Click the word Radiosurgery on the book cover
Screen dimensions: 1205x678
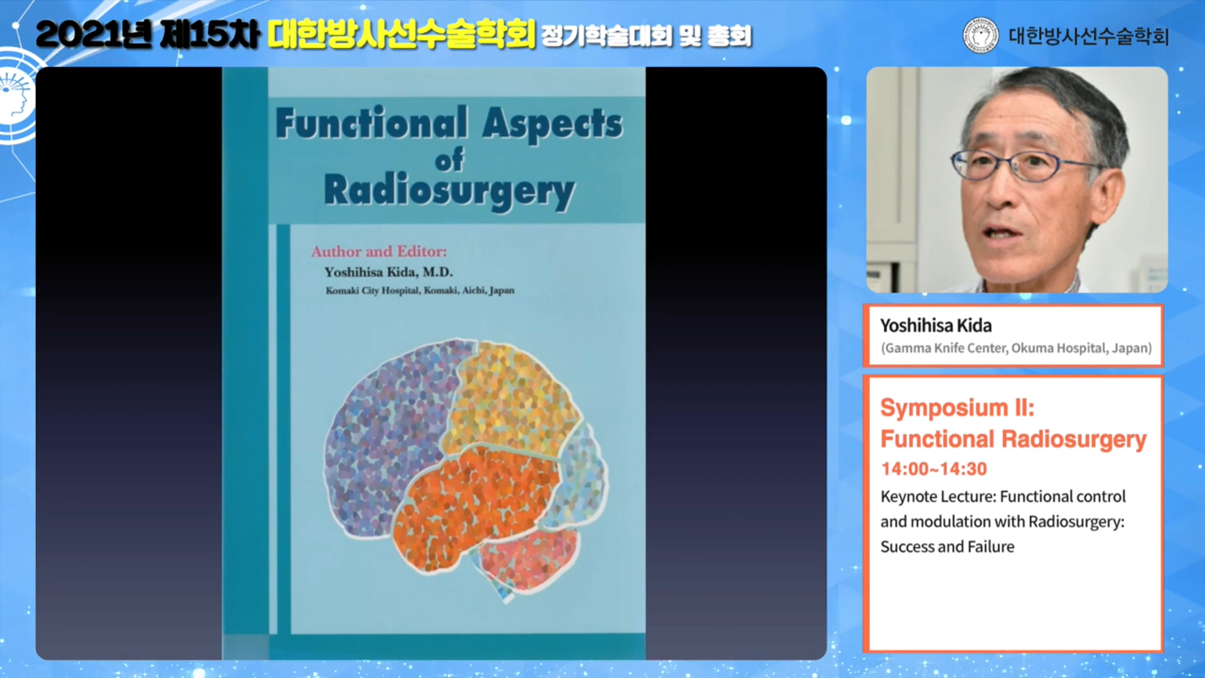449,191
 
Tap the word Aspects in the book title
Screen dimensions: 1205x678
552,124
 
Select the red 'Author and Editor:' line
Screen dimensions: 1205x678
379,252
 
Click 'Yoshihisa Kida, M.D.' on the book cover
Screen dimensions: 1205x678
388,272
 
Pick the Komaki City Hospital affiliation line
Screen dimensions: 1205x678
420,291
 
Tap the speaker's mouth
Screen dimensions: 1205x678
1002,232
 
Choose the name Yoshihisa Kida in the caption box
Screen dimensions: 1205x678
936,325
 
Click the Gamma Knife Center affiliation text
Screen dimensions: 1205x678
1016,348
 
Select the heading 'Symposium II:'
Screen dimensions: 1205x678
957,407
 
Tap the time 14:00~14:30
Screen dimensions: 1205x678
934,469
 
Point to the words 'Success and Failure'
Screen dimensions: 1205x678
947,547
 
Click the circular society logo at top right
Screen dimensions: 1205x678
980,35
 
